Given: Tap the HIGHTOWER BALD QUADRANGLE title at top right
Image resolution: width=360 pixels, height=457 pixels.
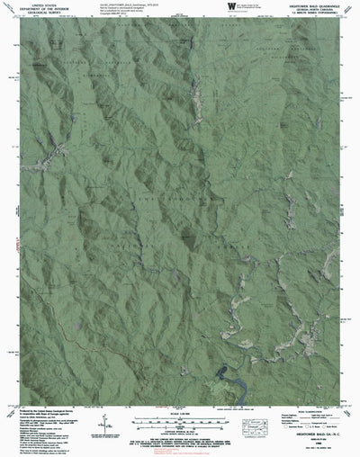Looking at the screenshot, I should click(x=309, y=4).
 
